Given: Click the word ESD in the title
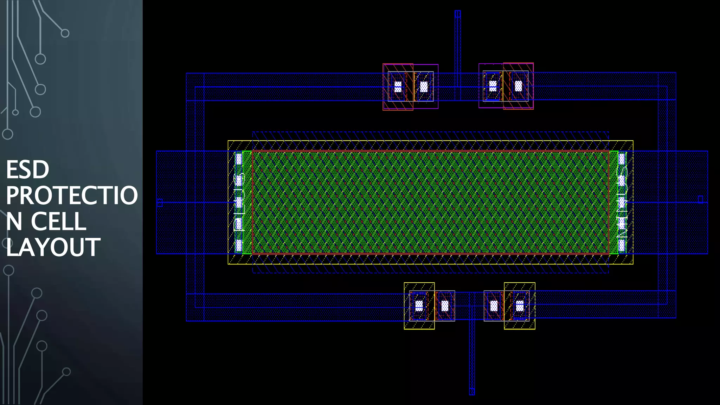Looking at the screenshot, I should pyautogui.click(x=27, y=170).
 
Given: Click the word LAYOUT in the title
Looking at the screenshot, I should pyautogui.click(x=53, y=247).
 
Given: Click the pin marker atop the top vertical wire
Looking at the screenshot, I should pyautogui.click(x=457, y=14).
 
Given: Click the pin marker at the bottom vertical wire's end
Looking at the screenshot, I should pyautogui.click(x=472, y=391).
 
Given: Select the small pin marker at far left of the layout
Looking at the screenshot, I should pyautogui.click(x=160, y=202).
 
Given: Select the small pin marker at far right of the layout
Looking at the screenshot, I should pyautogui.click(x=700, y=199).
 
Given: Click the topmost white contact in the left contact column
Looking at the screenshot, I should pyautogui.click(x=239, y=159).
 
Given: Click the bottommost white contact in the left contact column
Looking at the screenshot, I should pyautogui.click(x=239, y=245).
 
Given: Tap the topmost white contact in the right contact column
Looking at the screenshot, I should pyautogui.click(x=622, y=159).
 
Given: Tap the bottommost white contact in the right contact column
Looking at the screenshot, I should pyautogui.click(x=622, y=245).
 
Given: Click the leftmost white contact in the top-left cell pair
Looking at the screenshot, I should pyautogui.click(x=398, y=86).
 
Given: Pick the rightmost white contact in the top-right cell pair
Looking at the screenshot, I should pyautogui.click(x=518, y=86).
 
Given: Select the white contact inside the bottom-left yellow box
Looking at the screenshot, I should pyautogui.click(x=419, y=306).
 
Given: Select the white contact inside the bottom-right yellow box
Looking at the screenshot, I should pyautogui.click(x=520, y=306).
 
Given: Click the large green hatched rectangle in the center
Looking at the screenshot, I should pyautogui.click(x=430, y=202).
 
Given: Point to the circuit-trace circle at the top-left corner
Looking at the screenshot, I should pyautogui.click(x=65, y=33).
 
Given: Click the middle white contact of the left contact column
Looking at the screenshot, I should pyautogui.click(x=239, y=202).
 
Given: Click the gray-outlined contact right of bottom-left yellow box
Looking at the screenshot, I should pyautogui.click(x=445, y=306).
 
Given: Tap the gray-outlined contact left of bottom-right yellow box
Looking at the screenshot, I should pyautogui.click(x=494, y=306).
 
